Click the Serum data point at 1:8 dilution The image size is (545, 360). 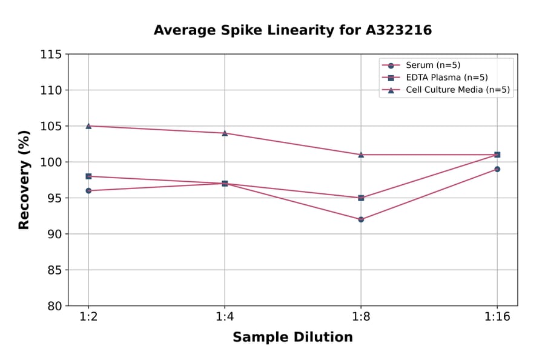361,219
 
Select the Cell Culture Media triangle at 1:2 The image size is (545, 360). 88,126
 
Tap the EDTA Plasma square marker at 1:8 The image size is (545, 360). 361,198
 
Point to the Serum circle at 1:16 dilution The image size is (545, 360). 497,169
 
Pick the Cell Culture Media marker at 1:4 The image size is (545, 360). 225,133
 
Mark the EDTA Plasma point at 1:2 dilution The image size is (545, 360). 88,176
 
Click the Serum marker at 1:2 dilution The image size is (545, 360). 88,190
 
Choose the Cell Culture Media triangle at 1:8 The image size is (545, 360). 361,155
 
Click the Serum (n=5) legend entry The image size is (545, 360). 428,65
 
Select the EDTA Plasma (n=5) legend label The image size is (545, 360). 446,78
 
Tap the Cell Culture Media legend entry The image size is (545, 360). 457,90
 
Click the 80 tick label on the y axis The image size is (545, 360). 54,306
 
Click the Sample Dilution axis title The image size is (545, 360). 292,338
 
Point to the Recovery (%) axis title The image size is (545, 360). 24,180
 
